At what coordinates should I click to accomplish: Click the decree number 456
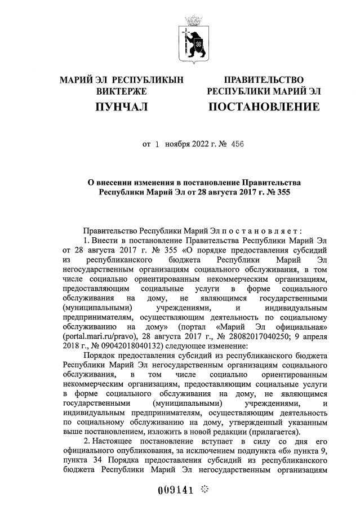pyautogui.click(x=235, y=144)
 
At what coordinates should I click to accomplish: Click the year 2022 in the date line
pyautogui.click(x=202, y=144)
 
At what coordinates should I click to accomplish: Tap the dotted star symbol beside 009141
pyautogui.click(x=204, y=489)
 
